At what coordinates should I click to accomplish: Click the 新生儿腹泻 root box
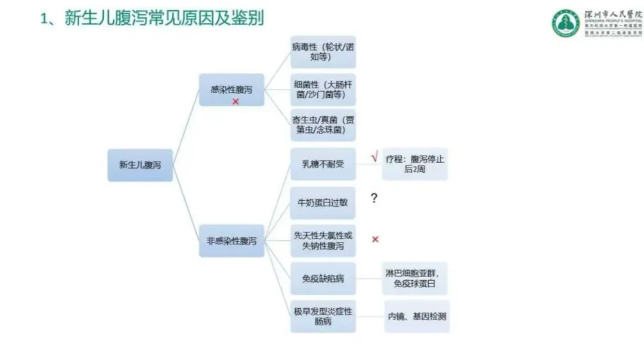[x=140, y=165]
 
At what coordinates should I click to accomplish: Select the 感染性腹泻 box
[x=231, y=90]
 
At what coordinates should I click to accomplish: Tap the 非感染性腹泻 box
[x=231, y=241]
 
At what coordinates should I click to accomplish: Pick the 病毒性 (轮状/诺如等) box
[x=323, y=52]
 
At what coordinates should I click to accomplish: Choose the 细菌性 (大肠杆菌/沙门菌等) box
[x=323, y=89]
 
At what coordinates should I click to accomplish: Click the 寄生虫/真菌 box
[x=323, y=125]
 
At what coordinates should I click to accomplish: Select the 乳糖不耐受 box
[x=323, y=164]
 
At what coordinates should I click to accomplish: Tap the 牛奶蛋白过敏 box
[x=323, y=203]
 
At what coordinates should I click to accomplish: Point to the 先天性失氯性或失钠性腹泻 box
[x=323, y=241]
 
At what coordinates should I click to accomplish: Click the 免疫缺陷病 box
[x=323, y=278]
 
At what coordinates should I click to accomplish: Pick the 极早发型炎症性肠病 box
[x=323, y=316]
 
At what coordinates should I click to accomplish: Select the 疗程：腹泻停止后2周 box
[x=415, y=164]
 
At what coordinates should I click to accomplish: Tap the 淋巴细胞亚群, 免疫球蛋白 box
[x=415, y=278]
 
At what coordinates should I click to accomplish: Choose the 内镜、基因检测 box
[x=417, y=316]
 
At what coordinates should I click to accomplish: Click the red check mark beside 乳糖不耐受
[x=374, y=158]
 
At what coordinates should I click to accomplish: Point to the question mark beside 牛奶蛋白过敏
[x=374, y=198]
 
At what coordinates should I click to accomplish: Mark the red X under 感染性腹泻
[x=236, y=102]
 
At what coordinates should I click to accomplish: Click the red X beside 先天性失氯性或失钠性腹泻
[x=376, y=240]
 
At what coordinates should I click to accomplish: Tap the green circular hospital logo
[x=565, y=23]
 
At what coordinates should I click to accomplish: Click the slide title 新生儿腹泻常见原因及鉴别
[x=152, y=19]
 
